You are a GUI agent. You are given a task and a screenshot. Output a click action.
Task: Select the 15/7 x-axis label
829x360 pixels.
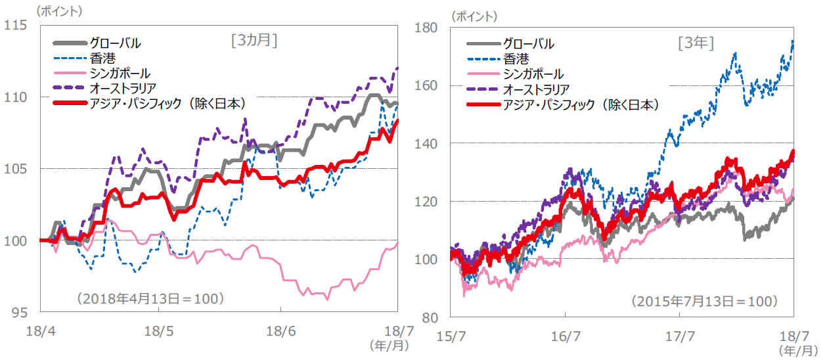point(451,336)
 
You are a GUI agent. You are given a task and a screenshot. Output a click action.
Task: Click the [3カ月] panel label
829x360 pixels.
point(254,41)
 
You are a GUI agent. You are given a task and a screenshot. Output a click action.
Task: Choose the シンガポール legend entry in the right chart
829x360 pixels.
point(533,74)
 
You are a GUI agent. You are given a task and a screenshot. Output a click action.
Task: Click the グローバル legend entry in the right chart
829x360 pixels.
point(528,44)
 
